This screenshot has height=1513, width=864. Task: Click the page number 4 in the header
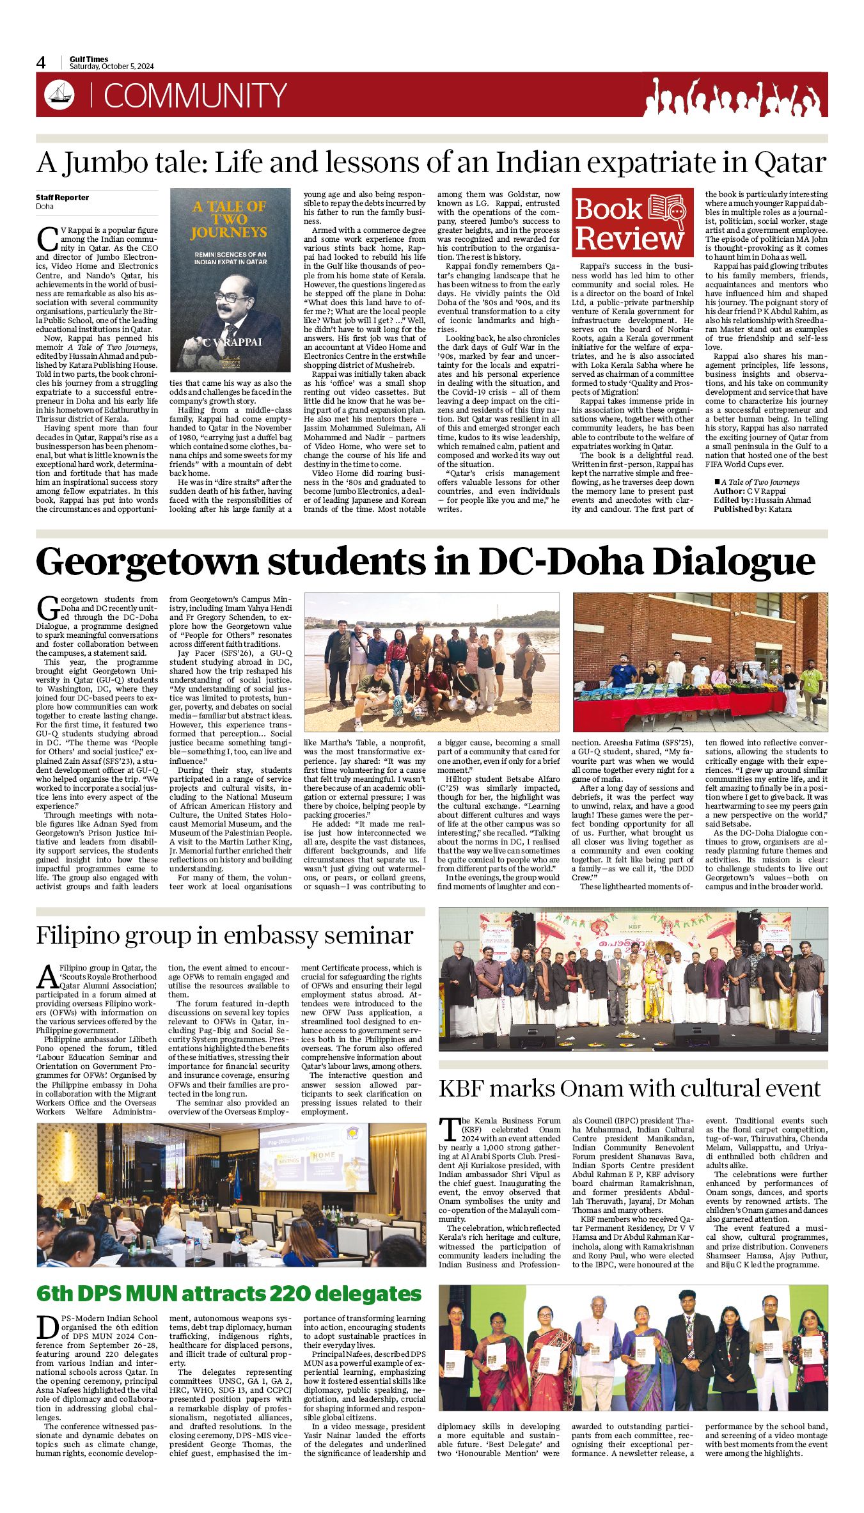point(42,63)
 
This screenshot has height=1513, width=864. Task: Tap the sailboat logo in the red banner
point(59,95)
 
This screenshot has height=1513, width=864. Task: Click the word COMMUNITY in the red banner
point(195,96)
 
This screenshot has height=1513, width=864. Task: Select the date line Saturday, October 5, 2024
point(112,67)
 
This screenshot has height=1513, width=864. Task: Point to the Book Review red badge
point(632,222)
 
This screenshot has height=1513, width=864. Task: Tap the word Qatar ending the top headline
point(790,163)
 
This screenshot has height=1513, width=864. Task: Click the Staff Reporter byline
point(63,198)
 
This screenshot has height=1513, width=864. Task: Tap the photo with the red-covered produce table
point(700,661)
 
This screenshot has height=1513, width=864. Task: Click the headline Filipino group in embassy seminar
point(224,935)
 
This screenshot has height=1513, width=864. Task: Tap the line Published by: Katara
point(752,509)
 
